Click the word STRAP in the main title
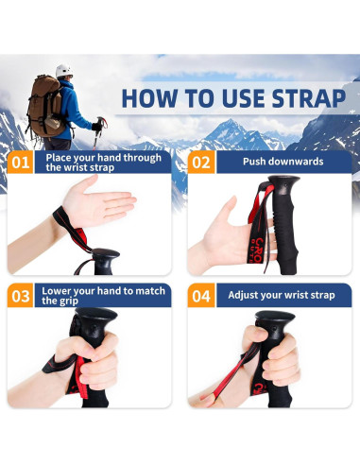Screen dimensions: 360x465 pos(309,98)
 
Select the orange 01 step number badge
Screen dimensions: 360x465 pos(20,163)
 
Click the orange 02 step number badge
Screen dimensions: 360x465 pos(201,163)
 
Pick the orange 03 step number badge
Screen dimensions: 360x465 pos(20,296)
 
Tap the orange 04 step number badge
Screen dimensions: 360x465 pos(201,296)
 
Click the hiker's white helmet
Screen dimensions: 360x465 pos(64,71)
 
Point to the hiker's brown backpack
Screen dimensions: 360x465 pos(45,106)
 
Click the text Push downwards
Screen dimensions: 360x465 pos(283,162)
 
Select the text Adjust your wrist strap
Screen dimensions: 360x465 pos(282,295)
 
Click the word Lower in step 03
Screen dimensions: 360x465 pos(54,291)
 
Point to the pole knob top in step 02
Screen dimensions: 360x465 pos(283,181)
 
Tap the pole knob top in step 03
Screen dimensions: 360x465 pos(96,314)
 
